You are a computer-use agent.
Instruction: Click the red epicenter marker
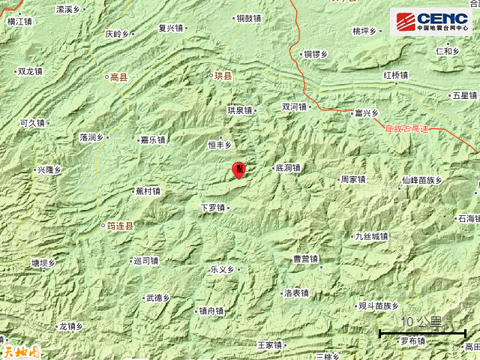pyautogui.click(x=239, y=170)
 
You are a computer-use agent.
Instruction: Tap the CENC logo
pyautogui.click(x=431, y=22)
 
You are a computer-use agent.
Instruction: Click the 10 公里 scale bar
pyautogui.click(x=421, y=328)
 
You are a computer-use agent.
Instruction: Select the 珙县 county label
pyautogui.click(x=221, y=76)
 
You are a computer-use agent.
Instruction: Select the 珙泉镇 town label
pyautogui.click(x=240, y=110)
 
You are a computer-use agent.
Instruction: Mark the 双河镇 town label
pyautogui.click(x=294, y=107)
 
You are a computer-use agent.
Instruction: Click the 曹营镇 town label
pyautogui.click(x=305, y=259)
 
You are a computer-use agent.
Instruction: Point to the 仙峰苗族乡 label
pyautogui.click(x=422, y=180)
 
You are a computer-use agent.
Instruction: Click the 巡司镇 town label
pyautogui.click(x=145, y=261)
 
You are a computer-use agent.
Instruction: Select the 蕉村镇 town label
pyautogui.click(x=147, y=191)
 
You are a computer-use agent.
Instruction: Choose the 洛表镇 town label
pyautogui.click(x=295, y=293)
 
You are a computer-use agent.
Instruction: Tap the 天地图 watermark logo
pyautogui.click(x=20, y=349)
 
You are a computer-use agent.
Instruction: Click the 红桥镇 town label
pyautogui.click(x=394, y=76)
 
